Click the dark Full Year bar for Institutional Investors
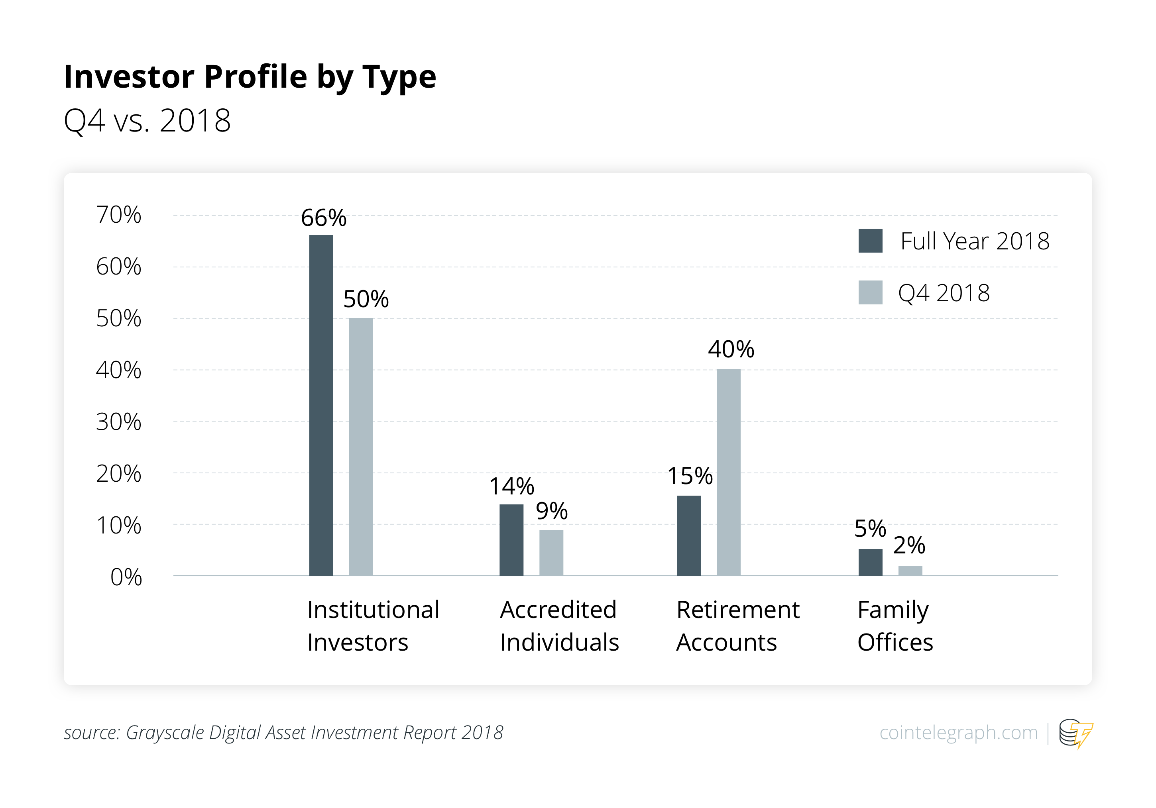(321, 405)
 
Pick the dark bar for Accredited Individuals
(511, 540)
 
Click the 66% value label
(323, 218)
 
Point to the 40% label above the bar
(731, 349)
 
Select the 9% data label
(551, 511)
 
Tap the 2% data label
(909, 545)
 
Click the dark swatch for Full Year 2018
(870, 241)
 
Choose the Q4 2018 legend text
(944, 293)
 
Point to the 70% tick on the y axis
(119, 215)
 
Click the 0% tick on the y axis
(126, 577)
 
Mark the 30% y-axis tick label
(119, 422)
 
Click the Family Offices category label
(895, 626)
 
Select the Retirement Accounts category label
(737, 626)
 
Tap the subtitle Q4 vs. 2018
(147, 121)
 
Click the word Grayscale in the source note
(165, 733)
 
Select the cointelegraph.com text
(958, 733)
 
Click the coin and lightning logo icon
(1075, 733)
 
